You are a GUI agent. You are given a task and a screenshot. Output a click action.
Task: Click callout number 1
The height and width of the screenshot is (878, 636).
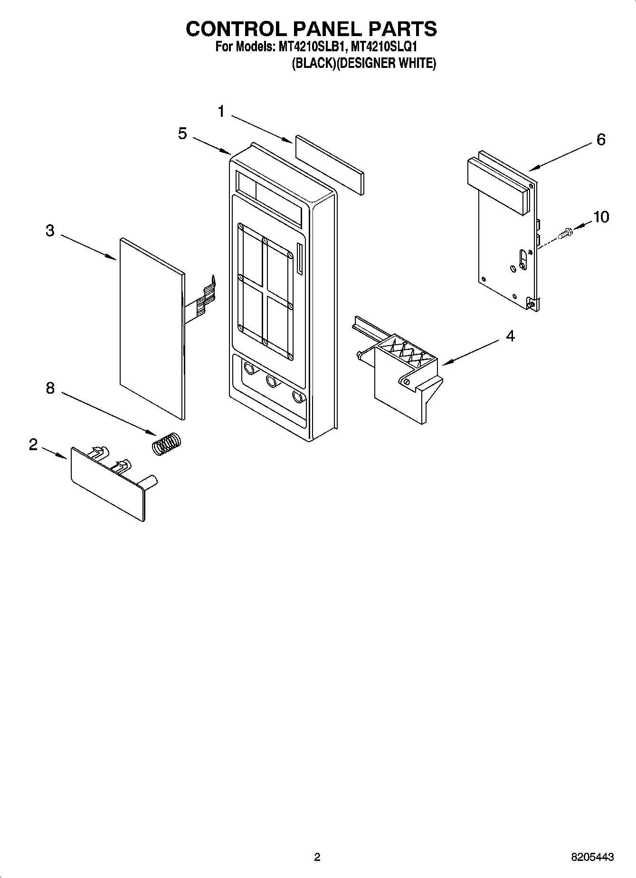[221, 112]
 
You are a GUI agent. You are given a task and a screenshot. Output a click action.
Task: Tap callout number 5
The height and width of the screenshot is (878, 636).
[182, 134]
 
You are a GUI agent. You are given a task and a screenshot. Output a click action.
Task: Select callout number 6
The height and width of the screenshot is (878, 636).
[600, 140]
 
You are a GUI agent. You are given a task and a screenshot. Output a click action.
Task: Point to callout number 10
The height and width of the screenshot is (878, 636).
[601, 217]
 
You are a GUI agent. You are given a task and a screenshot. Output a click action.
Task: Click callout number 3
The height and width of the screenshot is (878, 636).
[50, 231]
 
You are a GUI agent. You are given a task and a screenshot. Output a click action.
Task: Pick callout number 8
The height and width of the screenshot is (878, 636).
[50, 388]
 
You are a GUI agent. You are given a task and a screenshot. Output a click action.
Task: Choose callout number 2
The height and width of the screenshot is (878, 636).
[33, 445]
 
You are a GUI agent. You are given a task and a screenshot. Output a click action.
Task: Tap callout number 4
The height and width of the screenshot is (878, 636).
[510, 336]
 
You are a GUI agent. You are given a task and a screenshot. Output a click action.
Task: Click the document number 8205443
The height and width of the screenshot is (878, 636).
[592, 857]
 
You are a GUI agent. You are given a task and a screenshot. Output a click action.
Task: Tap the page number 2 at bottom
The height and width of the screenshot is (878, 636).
[317, 857]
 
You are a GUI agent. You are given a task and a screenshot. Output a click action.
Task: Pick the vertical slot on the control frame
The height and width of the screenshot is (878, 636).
[299, 259]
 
